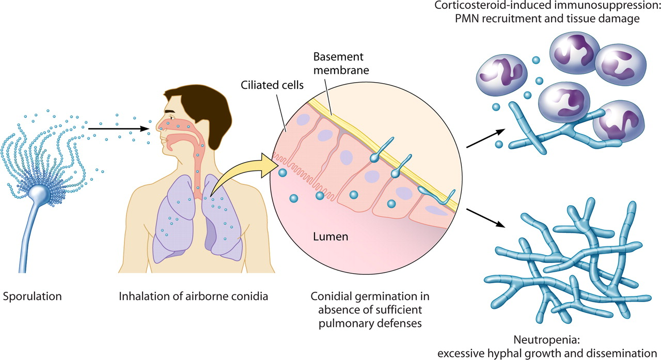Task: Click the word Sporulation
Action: (32, 297)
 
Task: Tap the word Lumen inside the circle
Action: (330, 237)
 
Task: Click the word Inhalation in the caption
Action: (139, 297)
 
